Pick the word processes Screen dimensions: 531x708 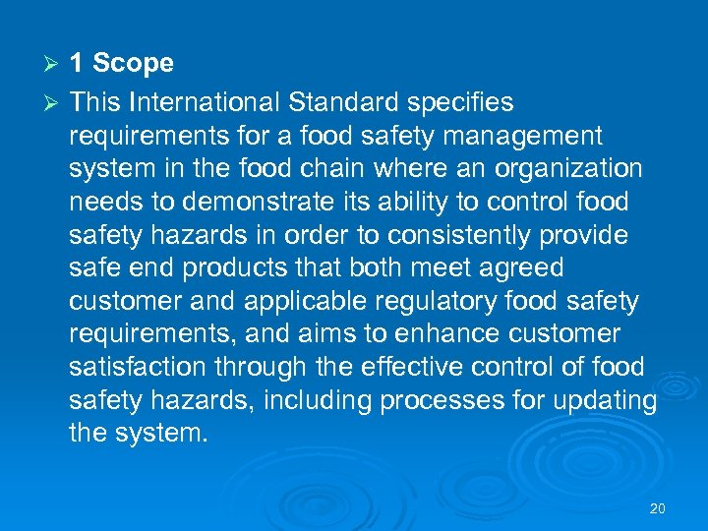pyautogui.click(x=443, y=401)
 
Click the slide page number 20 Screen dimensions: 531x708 pyautogui.click(x=658, y=508)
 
